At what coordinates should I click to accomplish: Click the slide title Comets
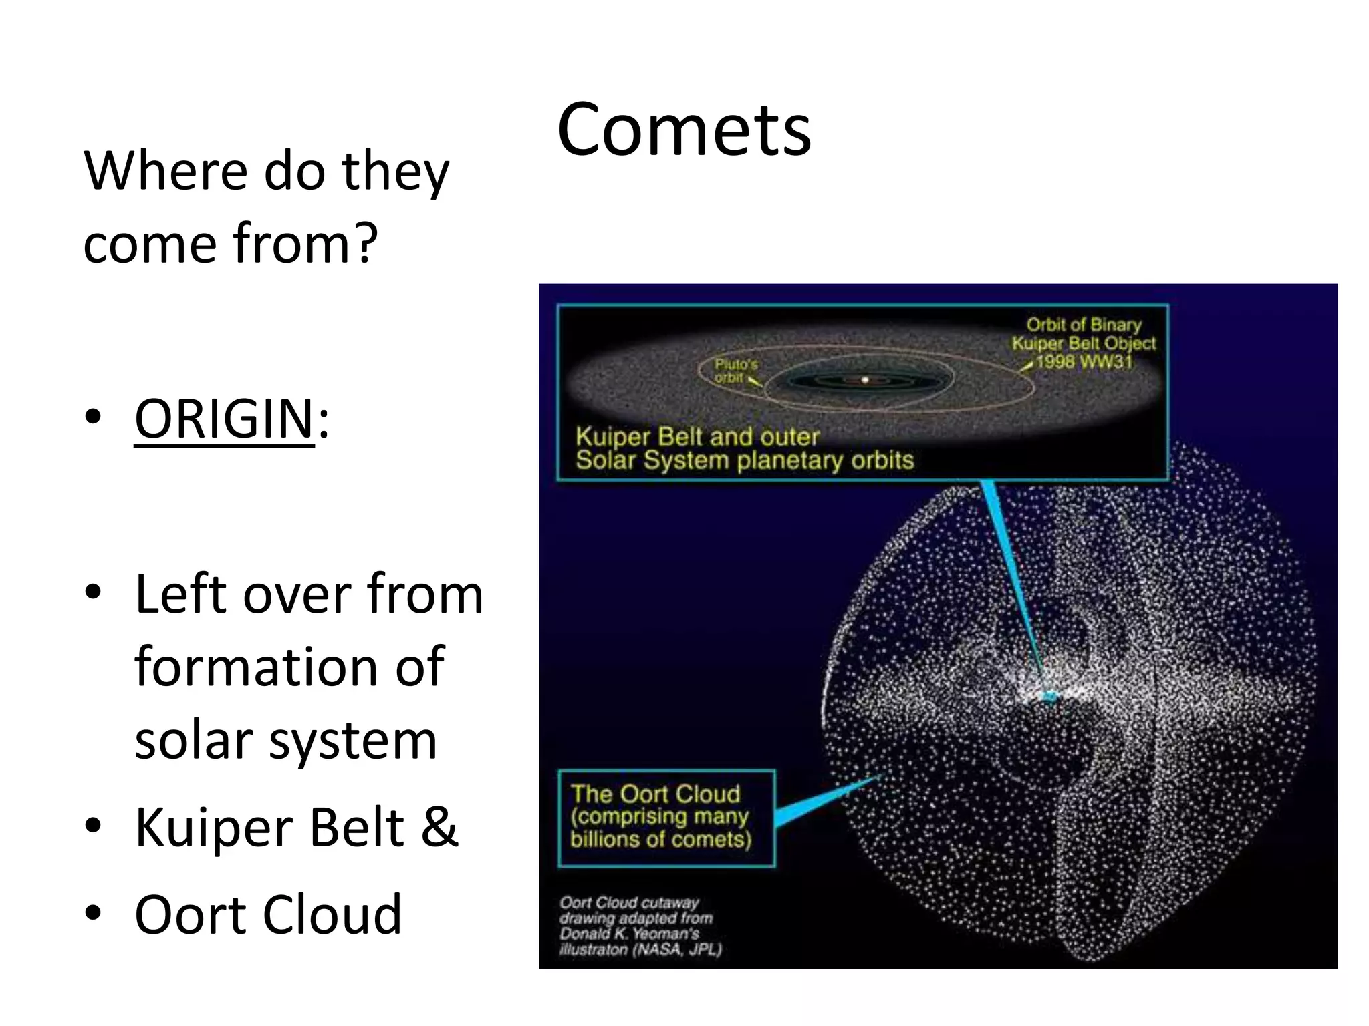(x=683, y=130)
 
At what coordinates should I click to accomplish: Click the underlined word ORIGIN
(x=224, y=419)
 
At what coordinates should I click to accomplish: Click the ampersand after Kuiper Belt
(x=439, y=827)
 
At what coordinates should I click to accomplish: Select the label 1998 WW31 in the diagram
(x=1084, y=362)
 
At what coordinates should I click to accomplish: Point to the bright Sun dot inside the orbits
(x=864, y=380)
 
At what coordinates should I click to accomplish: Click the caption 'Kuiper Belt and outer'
(x=697, y=437)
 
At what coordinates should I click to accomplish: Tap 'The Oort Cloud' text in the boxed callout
(x=655, y=794)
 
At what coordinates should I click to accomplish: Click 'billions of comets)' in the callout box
(x=660, y=840)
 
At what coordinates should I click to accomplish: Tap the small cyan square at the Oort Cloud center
(x=1049, y=697)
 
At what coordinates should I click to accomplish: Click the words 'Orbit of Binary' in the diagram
(x=1083, y=325)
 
